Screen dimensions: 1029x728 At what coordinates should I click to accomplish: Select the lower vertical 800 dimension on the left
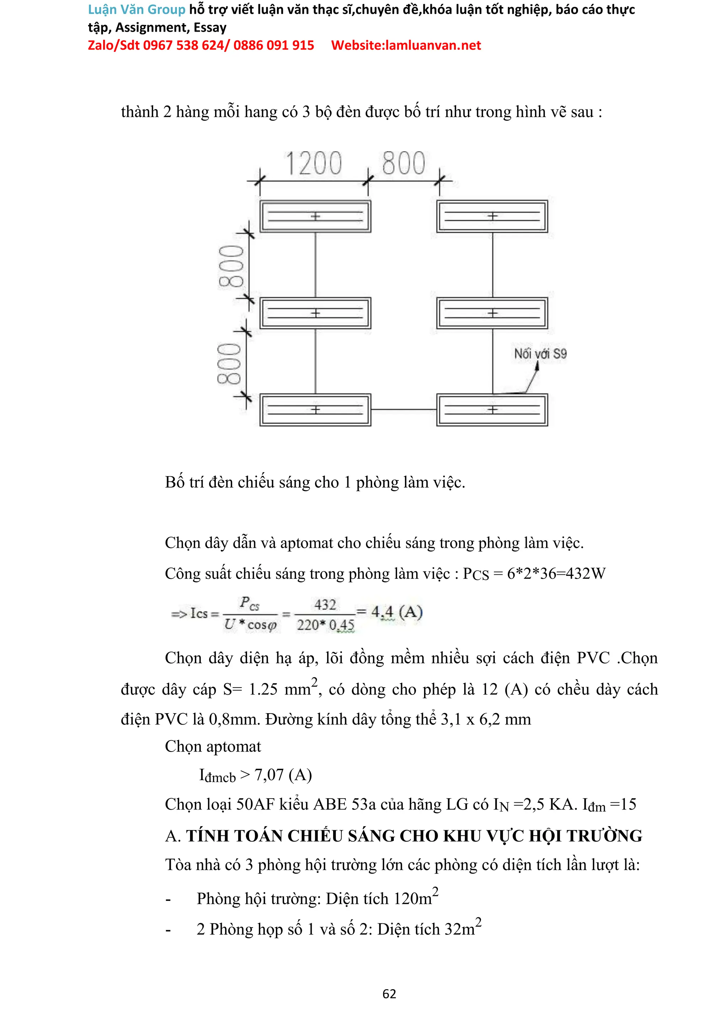click(x=229, y=364)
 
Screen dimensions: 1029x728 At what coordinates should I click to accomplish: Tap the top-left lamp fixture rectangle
click(x=315, y=216)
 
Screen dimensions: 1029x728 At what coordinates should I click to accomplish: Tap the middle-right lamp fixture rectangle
click(x=492, y=313)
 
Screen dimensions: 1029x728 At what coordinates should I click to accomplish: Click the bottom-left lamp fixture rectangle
click(x=315, y=409)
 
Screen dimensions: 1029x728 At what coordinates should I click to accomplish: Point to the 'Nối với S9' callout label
click(x=540, y=354)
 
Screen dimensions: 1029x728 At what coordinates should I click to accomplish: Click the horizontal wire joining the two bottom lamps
click(x=403, y=409)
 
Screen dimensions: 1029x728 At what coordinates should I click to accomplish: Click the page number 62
click(x=389, y=994)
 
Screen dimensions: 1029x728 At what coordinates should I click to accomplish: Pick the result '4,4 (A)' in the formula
click(x=397, y=612)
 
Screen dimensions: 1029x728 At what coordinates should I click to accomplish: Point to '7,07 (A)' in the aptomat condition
click(x=283, y=775)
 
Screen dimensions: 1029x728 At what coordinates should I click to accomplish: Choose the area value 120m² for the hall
click(x=416, y=898)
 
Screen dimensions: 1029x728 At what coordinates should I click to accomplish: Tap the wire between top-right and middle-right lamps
click(x=493, y=265)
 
